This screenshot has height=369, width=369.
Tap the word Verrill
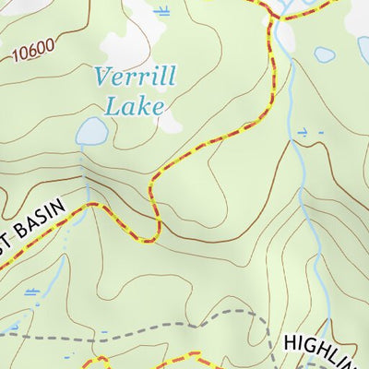click(x=133, y=76)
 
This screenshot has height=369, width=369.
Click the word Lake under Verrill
click(x=134, y=104)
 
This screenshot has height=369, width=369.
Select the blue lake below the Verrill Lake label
click(x=90, y=133)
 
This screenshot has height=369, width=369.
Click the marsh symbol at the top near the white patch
click(x=163, y=11)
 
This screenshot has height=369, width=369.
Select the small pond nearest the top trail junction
click(x=324, y=54)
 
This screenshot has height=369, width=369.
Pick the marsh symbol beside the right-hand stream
click(x=309, y=133)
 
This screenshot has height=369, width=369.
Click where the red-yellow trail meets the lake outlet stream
click(x=89, y=205)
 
